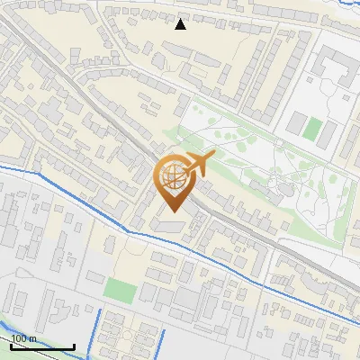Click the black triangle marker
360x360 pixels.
click(180, 24)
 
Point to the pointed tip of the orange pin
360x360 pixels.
click(172, 212)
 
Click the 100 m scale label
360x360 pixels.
click(24, 338)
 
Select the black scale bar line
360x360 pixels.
click(42, 346)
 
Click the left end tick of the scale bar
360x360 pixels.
click(11, 345)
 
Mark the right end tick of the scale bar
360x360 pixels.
click(74, 345)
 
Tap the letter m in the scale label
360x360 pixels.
click(32, 338)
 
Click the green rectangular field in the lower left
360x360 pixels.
click(120, 290)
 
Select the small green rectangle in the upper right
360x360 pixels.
click(311, 129)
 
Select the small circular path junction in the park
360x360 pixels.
click(280, 142)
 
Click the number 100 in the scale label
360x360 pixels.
click(19, 338)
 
